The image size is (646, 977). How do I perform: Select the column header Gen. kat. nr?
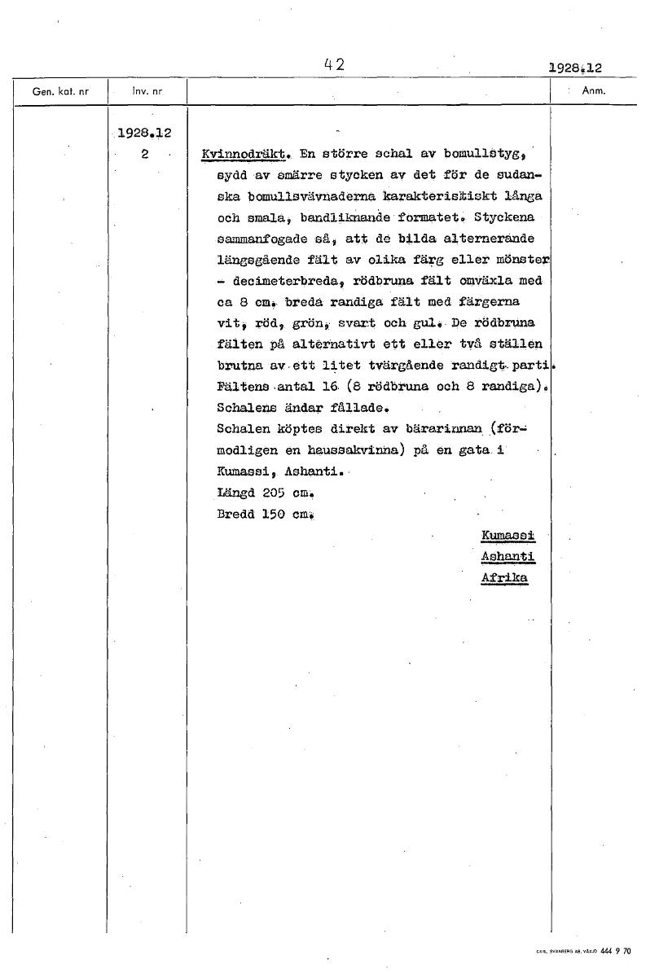(53, 92)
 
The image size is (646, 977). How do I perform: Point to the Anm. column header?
(592, 91)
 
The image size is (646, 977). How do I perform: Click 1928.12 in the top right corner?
(581, 70)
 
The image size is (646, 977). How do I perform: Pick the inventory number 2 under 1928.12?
(143, 152)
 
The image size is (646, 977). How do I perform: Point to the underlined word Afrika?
(505, 577)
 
